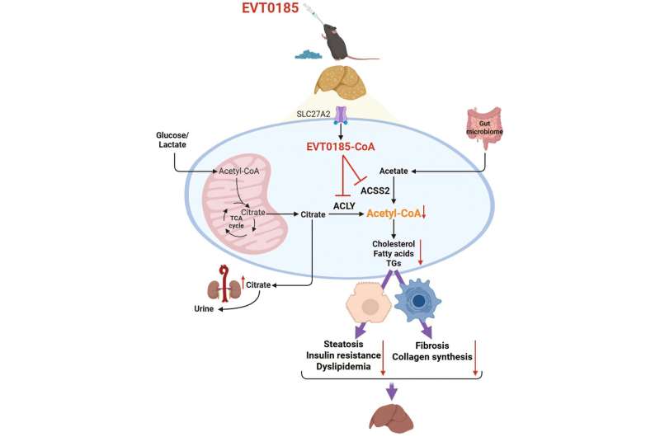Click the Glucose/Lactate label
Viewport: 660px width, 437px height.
coord(174,139)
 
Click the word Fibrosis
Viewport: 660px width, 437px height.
coord(432,343)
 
